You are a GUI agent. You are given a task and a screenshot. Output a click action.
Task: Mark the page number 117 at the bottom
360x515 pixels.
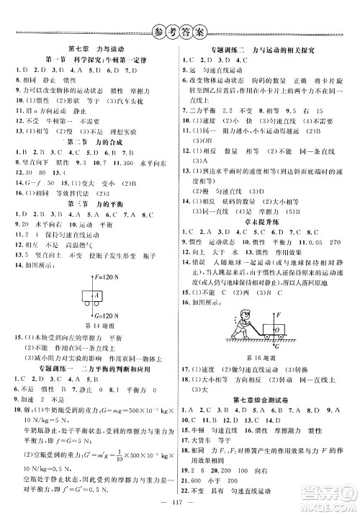click(x=179, y=503)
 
